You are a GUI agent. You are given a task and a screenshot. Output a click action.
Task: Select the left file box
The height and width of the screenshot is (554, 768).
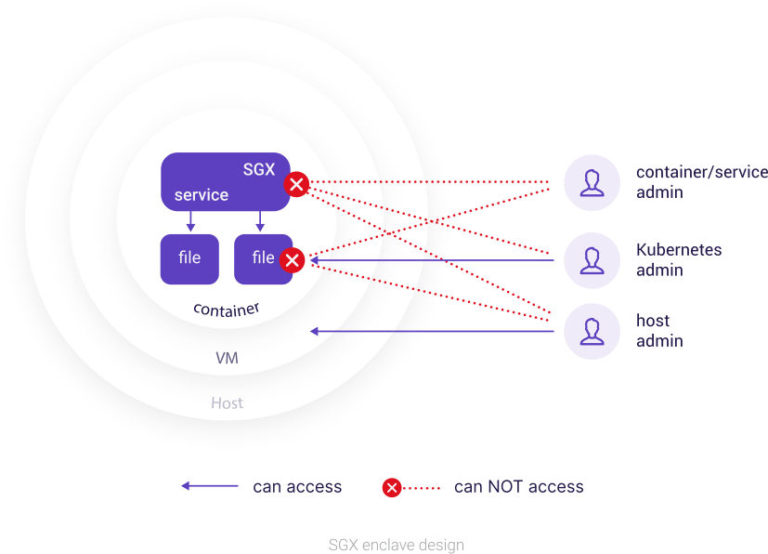click(189, 258)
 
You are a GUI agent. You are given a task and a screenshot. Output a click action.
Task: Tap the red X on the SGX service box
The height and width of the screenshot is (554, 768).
click(296, 184)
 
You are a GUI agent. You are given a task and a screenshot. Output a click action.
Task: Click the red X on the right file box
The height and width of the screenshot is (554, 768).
click(293, 260)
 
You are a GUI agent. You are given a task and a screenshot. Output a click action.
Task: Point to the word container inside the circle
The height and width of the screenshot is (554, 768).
click(226, 309)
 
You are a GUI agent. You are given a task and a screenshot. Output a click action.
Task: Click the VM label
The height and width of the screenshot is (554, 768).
click(227, 358)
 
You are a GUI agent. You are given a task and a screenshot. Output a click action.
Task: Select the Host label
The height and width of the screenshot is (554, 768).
click(227, 402)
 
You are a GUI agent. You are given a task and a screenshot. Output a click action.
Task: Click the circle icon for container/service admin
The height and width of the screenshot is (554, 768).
click(592, 182)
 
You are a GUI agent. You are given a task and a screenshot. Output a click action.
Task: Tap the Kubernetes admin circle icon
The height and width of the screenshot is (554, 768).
click(592, 260)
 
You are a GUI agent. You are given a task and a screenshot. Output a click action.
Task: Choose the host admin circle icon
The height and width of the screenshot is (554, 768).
click(592, 332)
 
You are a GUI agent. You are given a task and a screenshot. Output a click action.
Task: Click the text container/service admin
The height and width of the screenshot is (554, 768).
click(700, 182)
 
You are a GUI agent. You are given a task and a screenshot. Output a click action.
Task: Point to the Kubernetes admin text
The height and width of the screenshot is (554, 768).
click(679, 260)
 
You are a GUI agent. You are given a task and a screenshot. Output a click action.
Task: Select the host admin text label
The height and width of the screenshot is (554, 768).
click(659, 332)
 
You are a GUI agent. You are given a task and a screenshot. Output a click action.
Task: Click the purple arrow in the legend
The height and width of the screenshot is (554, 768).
click(209, 486)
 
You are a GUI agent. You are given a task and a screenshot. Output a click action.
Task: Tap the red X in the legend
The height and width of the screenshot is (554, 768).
click(392, 487)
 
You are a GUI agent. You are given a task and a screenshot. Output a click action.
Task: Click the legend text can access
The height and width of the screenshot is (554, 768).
click(297, 486)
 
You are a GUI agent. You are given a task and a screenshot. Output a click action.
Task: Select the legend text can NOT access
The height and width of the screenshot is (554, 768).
click(518, 486)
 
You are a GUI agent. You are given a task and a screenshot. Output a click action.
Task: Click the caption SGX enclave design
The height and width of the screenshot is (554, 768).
click(396, 544)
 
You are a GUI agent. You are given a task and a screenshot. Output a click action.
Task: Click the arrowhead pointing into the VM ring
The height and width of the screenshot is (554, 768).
click(316, 331)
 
